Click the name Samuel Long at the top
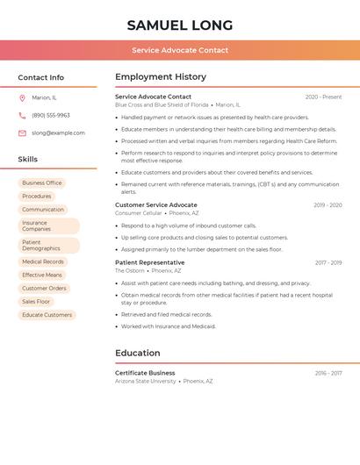pyautogui.click(x=180, y=25)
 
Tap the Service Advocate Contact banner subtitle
pyautogui.click(x=180, y=50)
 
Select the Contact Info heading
pyautogui.click(x=41, y=77)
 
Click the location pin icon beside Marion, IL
pyautogui.click(x=22, y=98)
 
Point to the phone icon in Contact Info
pyautogui.click(x=22, y=115)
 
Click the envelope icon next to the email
pyautogui.click(x=22, y=133)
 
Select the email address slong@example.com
pyautogui.click(x=58, y=133)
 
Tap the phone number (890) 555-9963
pyautogui.click(x=51, y=115)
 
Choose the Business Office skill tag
pyautogui.click(x=42, y=182)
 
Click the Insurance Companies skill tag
pyautogui.click(x=48, y=225)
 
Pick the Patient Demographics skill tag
pyautogui.click(x=48, y=245)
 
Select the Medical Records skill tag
pyautogui.click(x=43, y=261)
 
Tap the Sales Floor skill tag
pyautogui.click(x=36, y=301)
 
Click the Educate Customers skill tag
pyautogui.click(x=47, y=315)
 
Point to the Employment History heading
pyautogui.click(x=161, y=77)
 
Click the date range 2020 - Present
pyautogui.click(x=323, y=97)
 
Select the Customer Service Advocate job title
pyautogui.click(x=156, y=204)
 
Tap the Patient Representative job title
pyautogui.click(x=150, y=262)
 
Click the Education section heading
pyautogui.click(x=138, y=353)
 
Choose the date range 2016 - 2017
pyautogui.click(x=328, y=373)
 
